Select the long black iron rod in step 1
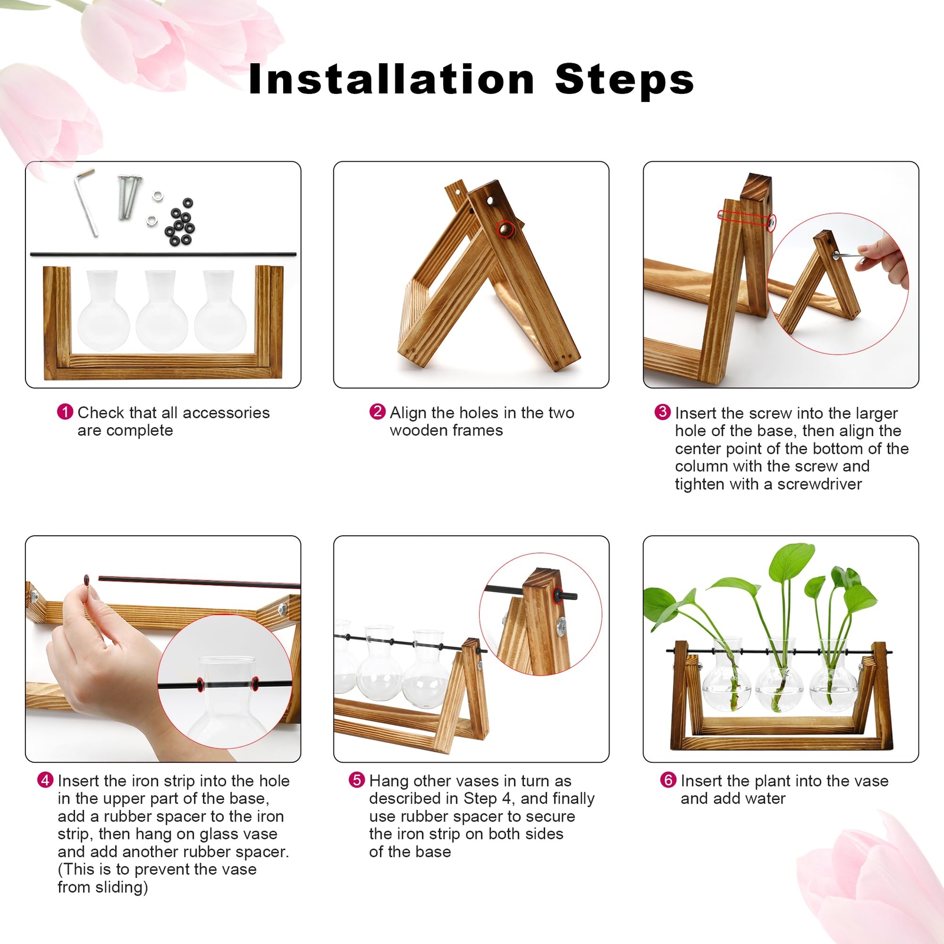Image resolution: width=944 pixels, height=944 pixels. pos(163,254)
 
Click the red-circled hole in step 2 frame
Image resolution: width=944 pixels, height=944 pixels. pos(506,229)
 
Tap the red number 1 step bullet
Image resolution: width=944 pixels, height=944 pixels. pos(65,412)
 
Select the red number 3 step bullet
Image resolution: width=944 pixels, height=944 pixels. pos(663,412)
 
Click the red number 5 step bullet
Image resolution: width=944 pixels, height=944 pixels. pos(356,780)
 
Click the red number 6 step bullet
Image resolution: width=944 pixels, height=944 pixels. pos(668,780)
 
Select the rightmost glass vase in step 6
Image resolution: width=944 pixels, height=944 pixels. pos(833,678)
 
